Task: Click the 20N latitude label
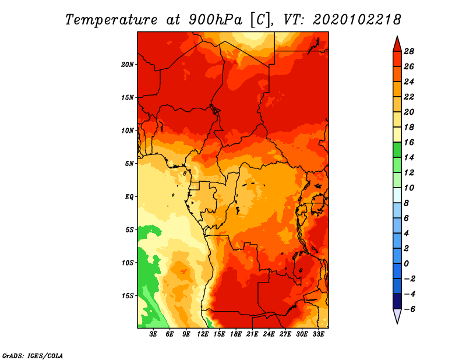click(x=128, y=65)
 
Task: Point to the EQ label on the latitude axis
click(x=129, y=197)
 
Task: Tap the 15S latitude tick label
click(x=128, y=296)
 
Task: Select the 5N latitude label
click(x=129, y=164)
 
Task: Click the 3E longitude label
click(x=153, y=334)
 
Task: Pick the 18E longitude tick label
click(x=236, y=334)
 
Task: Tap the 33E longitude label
click(x=318, y=334)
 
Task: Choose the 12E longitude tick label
click(x=203, y=334)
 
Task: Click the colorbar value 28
click(x=409, y=51)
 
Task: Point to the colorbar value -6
click(x=409, y=309)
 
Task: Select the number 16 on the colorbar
click(x=409, y=142)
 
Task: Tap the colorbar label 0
click(x=406, y=264)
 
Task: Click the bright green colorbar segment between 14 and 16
click(x=397, y=150)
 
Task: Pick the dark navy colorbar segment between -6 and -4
click(x=397, y=301)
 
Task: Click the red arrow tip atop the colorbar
click(x=397, y=37)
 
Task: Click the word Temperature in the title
click(x=111, y=20)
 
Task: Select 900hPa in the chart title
click(x=216, y=20)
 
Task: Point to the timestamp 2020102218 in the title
click(x=356, y=20)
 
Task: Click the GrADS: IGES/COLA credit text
click(x=33, y=355)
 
